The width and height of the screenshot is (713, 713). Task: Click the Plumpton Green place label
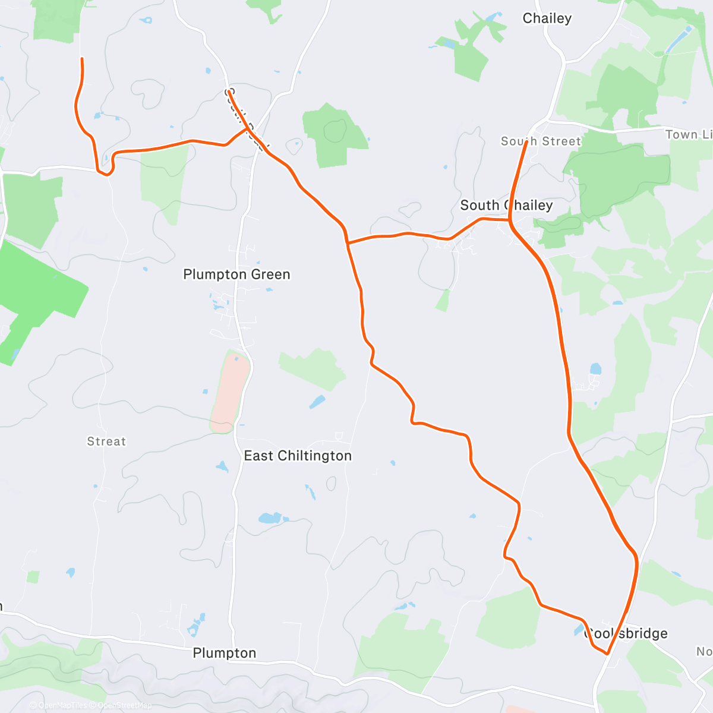(236, 275)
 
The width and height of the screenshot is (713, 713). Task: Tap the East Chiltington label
(298, 456)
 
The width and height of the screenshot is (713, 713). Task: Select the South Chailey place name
(506, 206)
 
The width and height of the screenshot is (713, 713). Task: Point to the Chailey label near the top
(547, 18)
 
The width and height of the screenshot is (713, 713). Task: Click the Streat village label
(106, 441)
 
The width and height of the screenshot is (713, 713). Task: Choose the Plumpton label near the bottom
(225, 653)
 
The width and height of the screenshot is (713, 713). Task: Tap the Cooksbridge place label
(626, 633)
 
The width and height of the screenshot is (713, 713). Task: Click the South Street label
(541, 141)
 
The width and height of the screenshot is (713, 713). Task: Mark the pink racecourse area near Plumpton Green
(230, 392)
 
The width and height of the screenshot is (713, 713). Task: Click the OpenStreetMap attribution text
(124, 705)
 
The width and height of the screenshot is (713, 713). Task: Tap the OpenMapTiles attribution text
(62, 705)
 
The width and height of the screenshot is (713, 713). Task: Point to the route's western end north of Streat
(81, 59)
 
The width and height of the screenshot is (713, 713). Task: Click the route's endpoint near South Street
(526, 142)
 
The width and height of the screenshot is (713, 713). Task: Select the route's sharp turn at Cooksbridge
(607, 654)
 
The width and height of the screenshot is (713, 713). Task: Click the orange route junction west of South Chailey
(348, 242)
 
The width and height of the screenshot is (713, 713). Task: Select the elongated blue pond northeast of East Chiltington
(317, 402)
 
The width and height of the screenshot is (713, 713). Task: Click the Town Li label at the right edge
(689, 135)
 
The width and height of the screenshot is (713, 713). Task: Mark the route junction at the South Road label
(247, 128)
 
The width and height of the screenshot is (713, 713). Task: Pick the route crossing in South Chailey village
(510, 220)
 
